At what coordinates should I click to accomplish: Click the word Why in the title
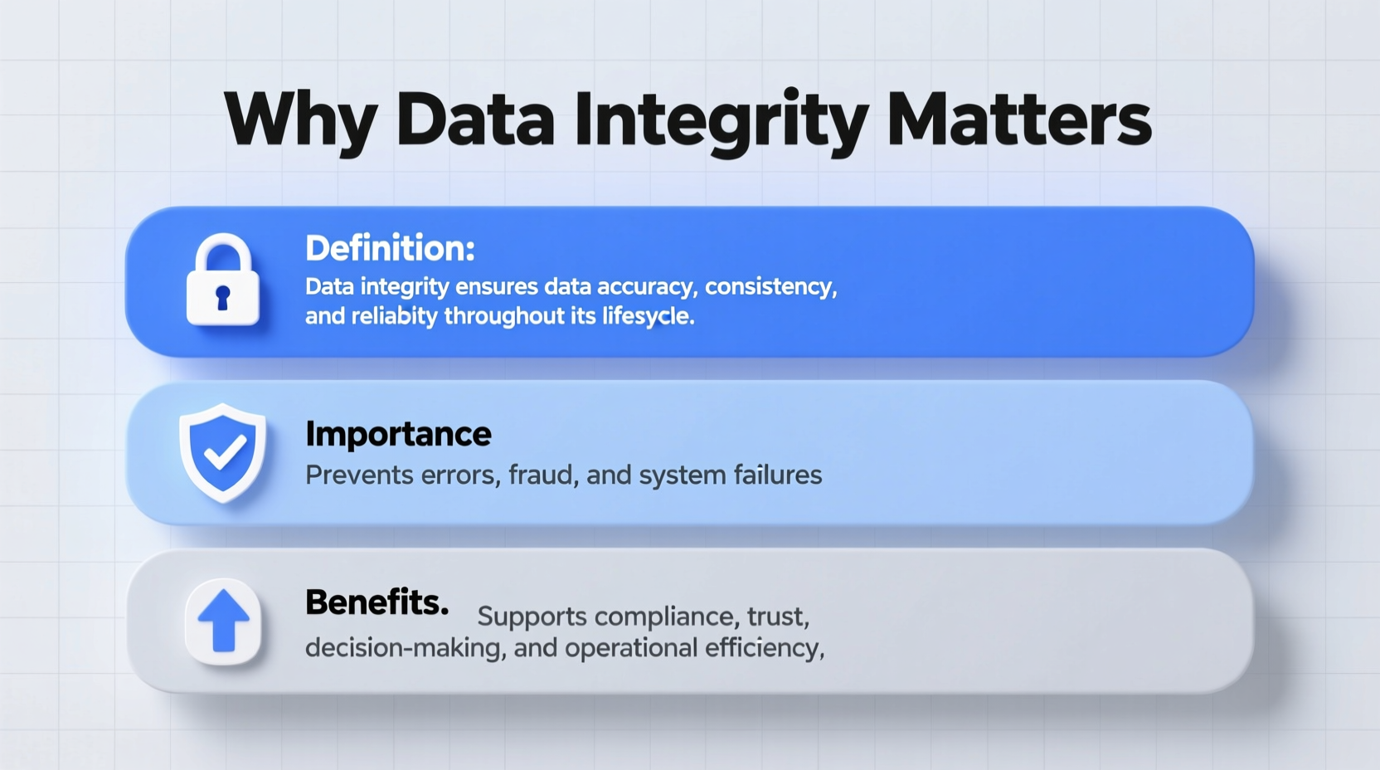point(300,120)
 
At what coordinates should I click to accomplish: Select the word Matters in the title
point(1018,120)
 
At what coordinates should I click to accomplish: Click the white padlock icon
point(222,280)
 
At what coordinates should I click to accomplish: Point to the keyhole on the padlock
point(222,297)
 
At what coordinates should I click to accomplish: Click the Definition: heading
point(390,248)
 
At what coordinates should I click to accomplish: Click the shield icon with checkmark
point(223,452)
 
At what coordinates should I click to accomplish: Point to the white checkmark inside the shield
point(224,453)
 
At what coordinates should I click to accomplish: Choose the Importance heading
point(398,434)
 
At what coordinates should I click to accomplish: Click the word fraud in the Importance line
point(542,475)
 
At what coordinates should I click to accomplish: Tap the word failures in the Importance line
point(778,475)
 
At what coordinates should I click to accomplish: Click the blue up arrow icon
point(223,621)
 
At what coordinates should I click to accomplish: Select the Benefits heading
point(377,602)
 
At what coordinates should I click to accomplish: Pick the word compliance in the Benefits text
point(664,616)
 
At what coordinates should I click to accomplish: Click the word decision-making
point(405,648)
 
